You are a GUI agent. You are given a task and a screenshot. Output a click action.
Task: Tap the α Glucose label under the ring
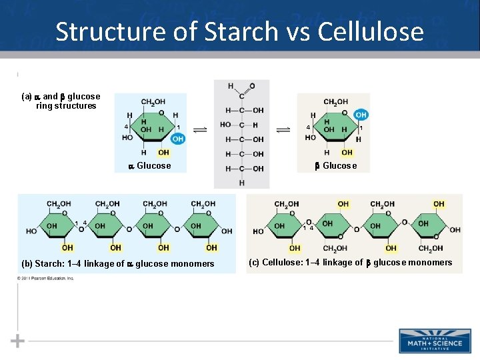click(150, 166)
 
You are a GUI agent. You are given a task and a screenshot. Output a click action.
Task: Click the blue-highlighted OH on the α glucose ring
click(177, 139)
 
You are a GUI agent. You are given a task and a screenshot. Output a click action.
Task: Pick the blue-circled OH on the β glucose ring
click(361, 115)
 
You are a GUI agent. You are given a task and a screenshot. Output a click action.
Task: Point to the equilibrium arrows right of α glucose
click(199, 130)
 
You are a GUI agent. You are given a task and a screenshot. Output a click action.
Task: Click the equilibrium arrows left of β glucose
click(283, 130)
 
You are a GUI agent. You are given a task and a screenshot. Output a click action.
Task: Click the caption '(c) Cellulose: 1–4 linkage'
click(350, 263)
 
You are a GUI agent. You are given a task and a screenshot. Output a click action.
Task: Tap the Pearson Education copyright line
click(47, 279)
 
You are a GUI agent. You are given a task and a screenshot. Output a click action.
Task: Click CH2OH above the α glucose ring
click(153, 102)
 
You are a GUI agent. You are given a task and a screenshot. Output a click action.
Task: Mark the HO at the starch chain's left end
click(32, 231)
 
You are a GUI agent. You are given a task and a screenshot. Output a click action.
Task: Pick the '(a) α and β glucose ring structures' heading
click(61, 101)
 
